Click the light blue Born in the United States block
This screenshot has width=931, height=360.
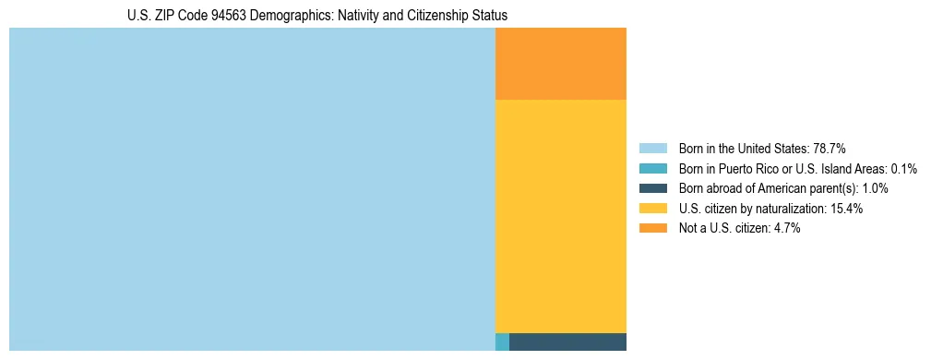click(252, 189)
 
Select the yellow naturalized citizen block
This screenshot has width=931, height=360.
click(561, 216)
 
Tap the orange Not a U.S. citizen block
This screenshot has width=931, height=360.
click(561, 64)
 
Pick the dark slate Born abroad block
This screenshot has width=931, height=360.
click(567, 342)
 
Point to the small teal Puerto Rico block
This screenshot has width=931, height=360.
click(502, 342)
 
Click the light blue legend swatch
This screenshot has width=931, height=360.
click(652, 149)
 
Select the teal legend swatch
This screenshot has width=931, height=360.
click(652, 169)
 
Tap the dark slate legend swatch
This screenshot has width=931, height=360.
click(652, 188)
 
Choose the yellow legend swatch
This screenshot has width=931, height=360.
click(652, 209)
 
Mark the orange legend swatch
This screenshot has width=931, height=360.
click(652, 229)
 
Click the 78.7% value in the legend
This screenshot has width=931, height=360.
click(829, 149)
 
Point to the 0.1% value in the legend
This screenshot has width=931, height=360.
click(903, 169)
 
